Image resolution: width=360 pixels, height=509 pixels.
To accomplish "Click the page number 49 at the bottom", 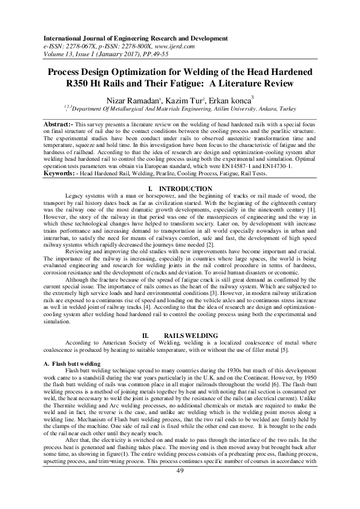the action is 180,488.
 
